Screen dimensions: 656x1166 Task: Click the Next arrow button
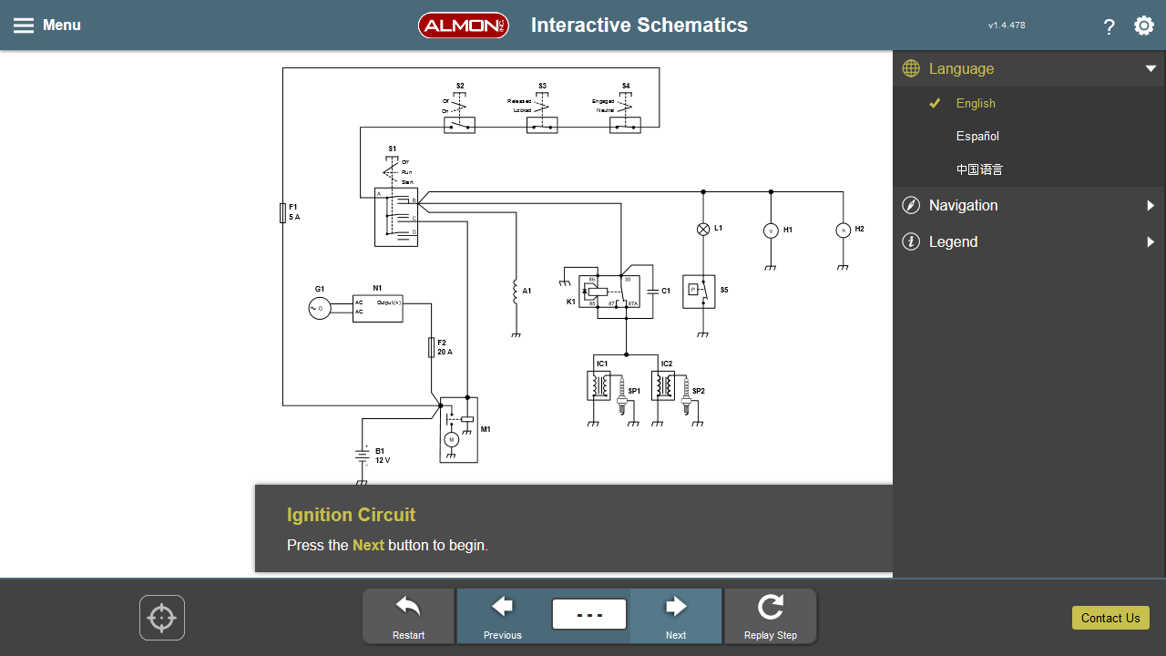(x=676, y=615)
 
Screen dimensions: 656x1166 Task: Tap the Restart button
(x=408, y=615)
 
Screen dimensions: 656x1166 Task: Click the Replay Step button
(x=770, y=615)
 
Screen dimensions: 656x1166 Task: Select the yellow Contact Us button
(x=1110, y=618)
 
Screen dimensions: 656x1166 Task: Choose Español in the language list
(x=977, y=136)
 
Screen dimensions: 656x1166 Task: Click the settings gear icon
(x=1143, y=26)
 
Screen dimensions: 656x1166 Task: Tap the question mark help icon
(x=1109, y=26)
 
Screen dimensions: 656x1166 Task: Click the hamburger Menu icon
(x=24, y=26)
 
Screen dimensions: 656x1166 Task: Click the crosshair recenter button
(x=162, y=618)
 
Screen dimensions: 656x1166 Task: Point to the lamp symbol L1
(x=702, y=230)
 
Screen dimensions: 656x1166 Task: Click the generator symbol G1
(x=320, y=309)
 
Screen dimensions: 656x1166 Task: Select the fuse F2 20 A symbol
(x=432, y=347)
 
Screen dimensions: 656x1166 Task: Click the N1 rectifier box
(x=378, y=308)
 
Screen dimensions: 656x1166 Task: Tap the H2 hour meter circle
(x=843, y=231)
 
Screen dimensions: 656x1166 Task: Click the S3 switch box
(x=542, y=125)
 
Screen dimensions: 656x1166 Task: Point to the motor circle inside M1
(x=450, y=440)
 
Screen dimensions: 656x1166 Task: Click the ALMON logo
(x=463, y=26)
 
